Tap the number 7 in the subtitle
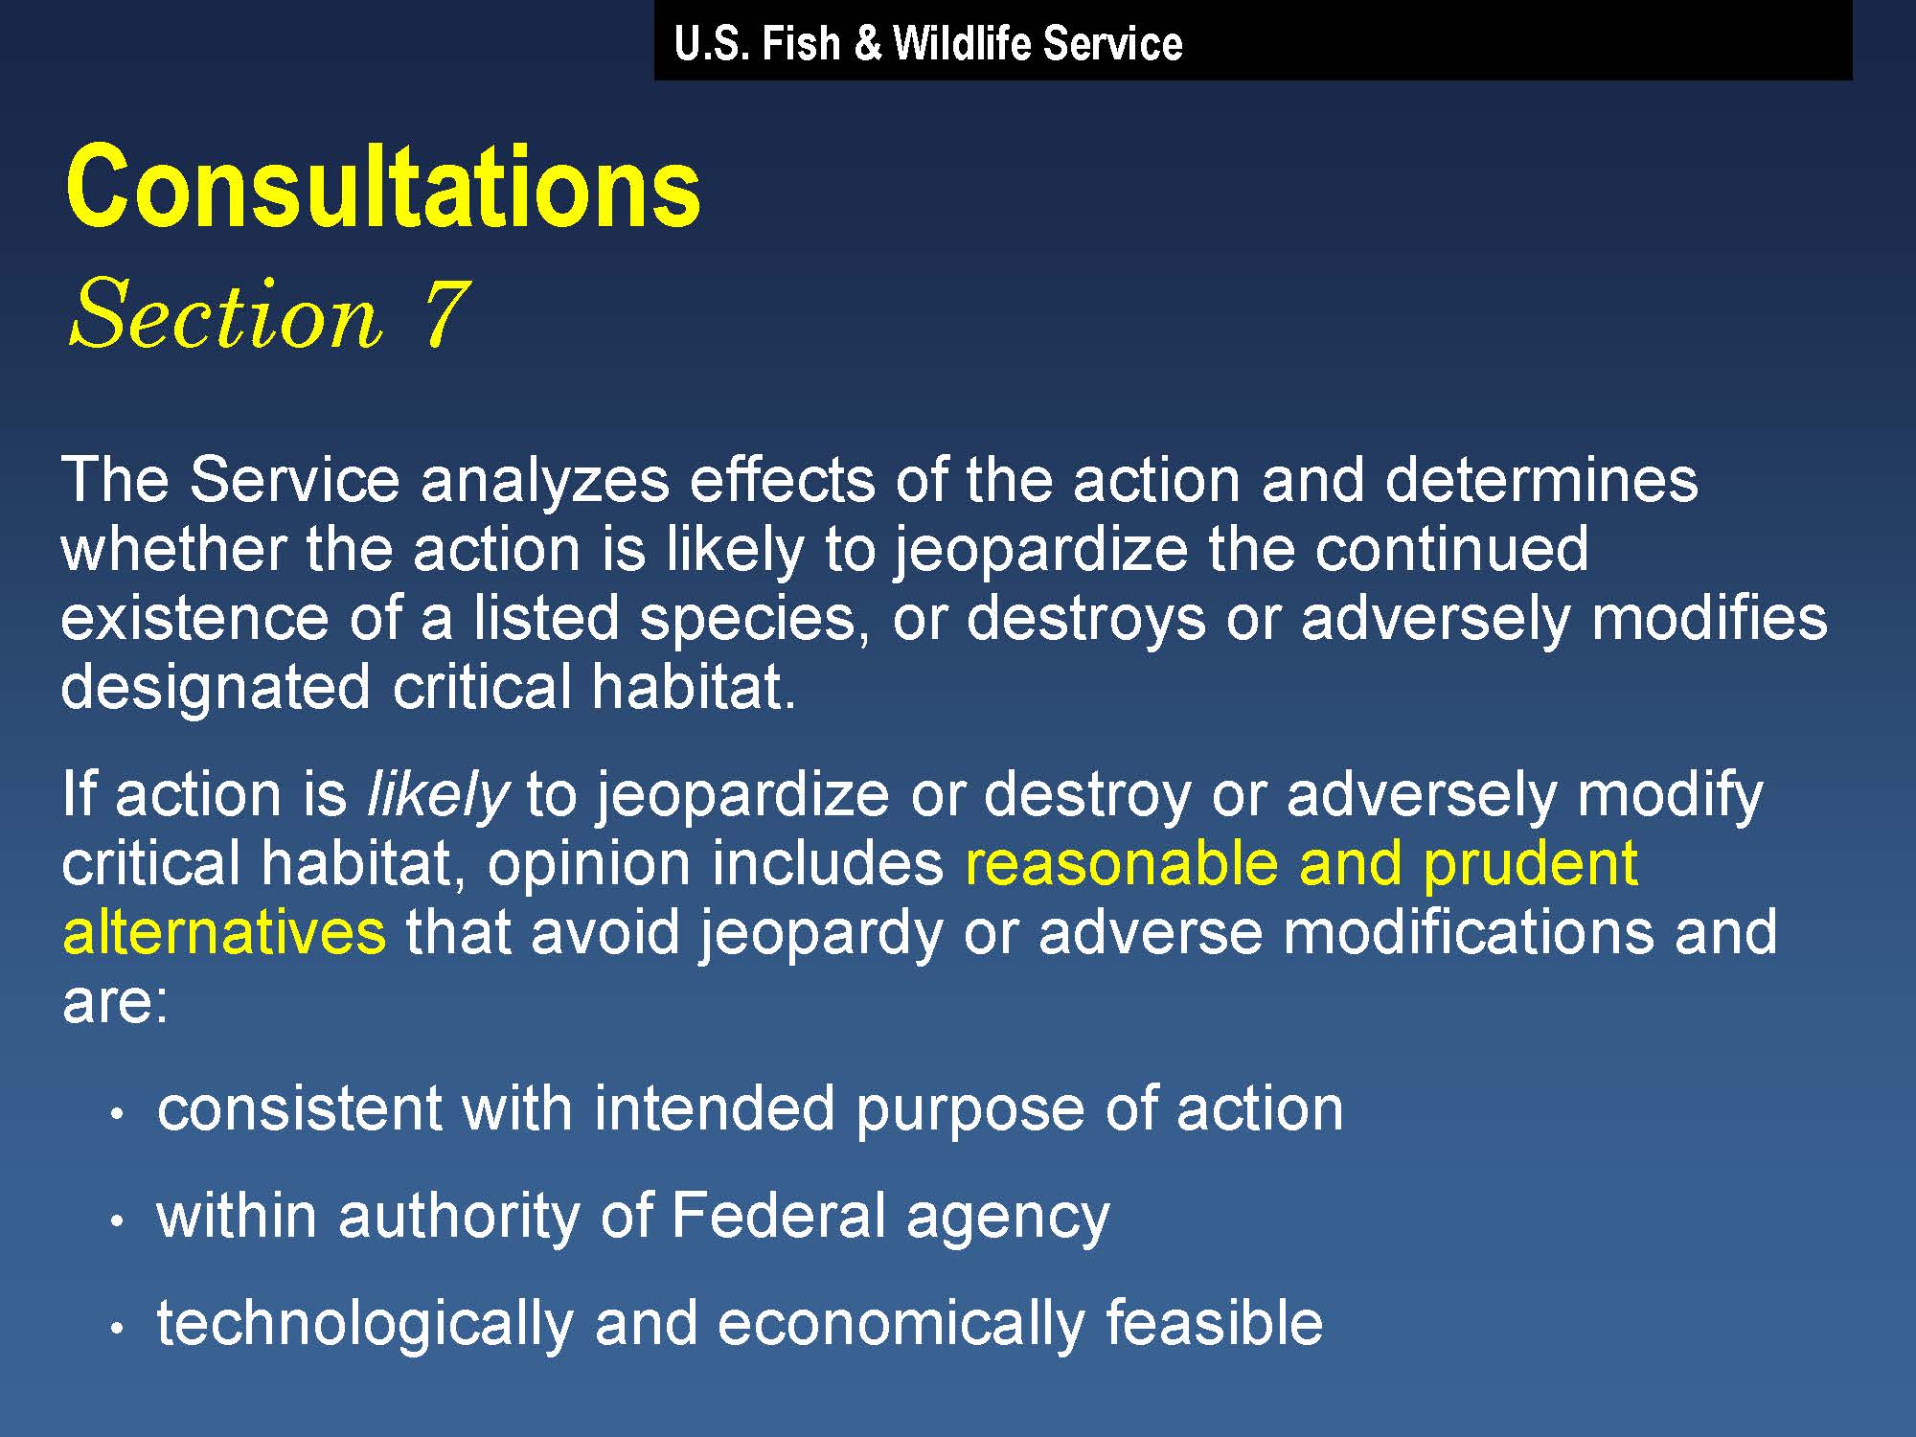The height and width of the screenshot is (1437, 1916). point(445,312)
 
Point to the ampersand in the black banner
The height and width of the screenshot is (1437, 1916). point(866,44)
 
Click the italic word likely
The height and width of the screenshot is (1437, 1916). point(438,794)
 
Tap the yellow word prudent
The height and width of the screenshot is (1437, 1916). point(1530,864)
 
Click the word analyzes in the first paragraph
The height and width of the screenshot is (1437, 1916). point(544,480)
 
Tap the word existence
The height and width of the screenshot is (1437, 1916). point(194,618)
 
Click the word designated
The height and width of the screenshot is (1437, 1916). point(216,688)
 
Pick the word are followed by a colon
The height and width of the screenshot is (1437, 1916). point(115,1002)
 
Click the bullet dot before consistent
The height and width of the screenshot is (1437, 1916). point(117,1114)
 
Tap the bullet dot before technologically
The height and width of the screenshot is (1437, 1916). point(117,1329)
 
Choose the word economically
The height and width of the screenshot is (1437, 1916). point(901,1324)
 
